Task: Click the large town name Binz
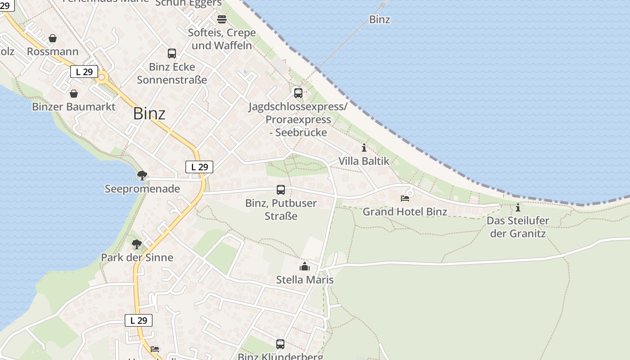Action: click(x=149, y=114)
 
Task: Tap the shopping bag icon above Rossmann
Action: click(x=53, y=39)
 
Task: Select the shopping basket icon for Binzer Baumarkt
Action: click(x=74, y=94)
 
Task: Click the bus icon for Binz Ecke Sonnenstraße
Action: click(x=172, y=54)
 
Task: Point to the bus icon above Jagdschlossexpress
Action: click(x=298, y=93)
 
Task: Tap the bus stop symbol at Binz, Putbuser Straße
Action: click(x=281, y=190)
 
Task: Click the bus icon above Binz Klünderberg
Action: click(x=280, y=344)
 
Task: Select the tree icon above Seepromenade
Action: click(x=142, y=175)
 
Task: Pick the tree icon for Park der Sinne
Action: click(x=137, y=244)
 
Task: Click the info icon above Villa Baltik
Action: click(x=364, y=148)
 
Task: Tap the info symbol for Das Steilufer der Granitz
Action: click(x=518, y=208)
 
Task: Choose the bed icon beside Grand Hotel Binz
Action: click(x=405, y=198)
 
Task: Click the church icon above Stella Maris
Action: click(x=305, y=266)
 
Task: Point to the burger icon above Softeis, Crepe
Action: click(x=222, y=19)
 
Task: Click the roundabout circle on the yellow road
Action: click(x=102, y=77)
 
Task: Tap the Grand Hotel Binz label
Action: click(x=405, y=211)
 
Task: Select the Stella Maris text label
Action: click(x=305, y=280)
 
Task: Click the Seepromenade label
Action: click(x=142, y=189)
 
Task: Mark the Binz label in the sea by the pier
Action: click(x=379, y=19)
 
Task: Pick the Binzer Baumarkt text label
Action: click(x=74, y=107)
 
